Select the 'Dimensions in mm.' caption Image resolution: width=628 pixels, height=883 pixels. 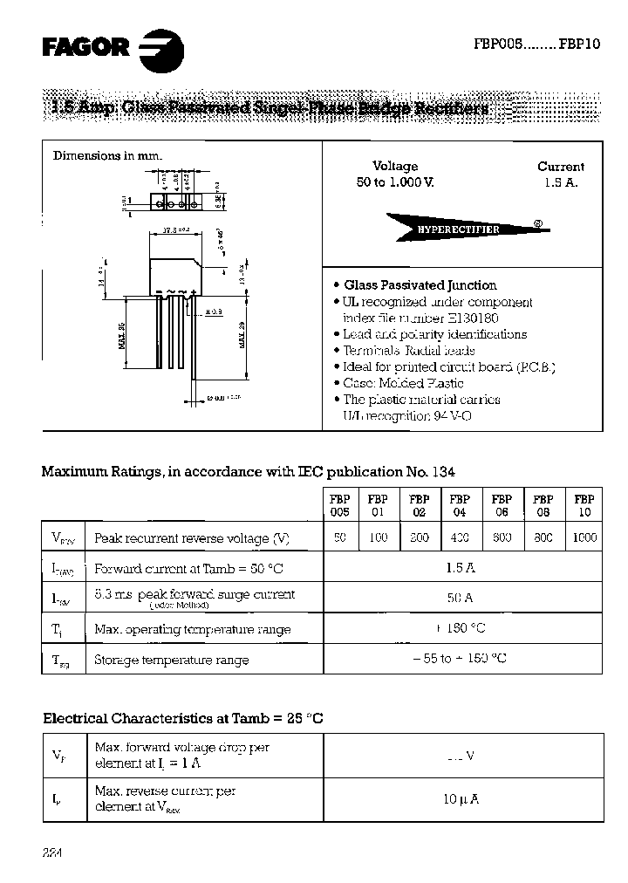pos(108,155)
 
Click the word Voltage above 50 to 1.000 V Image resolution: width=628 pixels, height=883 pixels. pos(395,166)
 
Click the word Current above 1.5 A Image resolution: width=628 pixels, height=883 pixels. pos(560,166)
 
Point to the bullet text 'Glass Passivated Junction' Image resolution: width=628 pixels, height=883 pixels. pos(420,285)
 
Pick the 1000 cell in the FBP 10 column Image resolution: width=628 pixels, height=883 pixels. pos(584,537)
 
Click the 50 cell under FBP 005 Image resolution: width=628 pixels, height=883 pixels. pos(339,537)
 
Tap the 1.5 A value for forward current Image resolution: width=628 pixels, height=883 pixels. pos(462,567)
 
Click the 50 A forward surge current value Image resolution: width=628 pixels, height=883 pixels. pos(462,598)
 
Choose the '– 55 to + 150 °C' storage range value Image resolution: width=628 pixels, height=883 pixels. pos(462,659)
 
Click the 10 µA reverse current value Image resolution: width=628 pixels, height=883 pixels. pos(462,798)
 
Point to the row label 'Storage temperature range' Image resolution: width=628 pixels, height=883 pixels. pos(171,660)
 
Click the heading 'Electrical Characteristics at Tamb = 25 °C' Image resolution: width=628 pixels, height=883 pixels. pos(182,718)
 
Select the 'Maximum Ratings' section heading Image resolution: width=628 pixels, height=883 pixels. pos(248,471)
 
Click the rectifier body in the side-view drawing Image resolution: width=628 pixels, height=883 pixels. pos(177,276)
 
